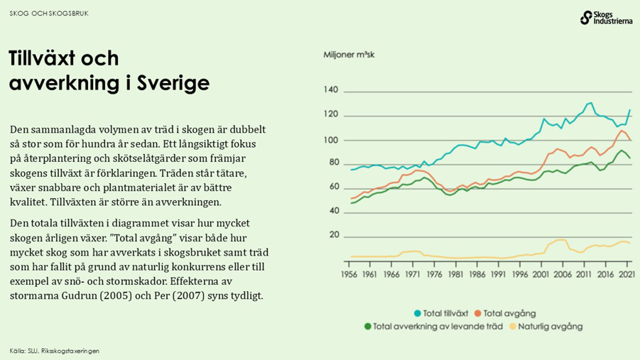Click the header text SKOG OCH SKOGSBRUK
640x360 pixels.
tap(49, 13)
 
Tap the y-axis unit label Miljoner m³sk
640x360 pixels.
tap(350, 55)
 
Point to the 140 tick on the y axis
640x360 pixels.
tap(330, 90)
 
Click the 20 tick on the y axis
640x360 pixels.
tap(333, 236)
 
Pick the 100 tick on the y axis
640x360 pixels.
tap(330, 139)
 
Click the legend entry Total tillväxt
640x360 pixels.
tap(440, 313)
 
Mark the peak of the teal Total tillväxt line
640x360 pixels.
tap(590, 103)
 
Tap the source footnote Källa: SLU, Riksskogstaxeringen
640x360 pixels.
tap(55, 351)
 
